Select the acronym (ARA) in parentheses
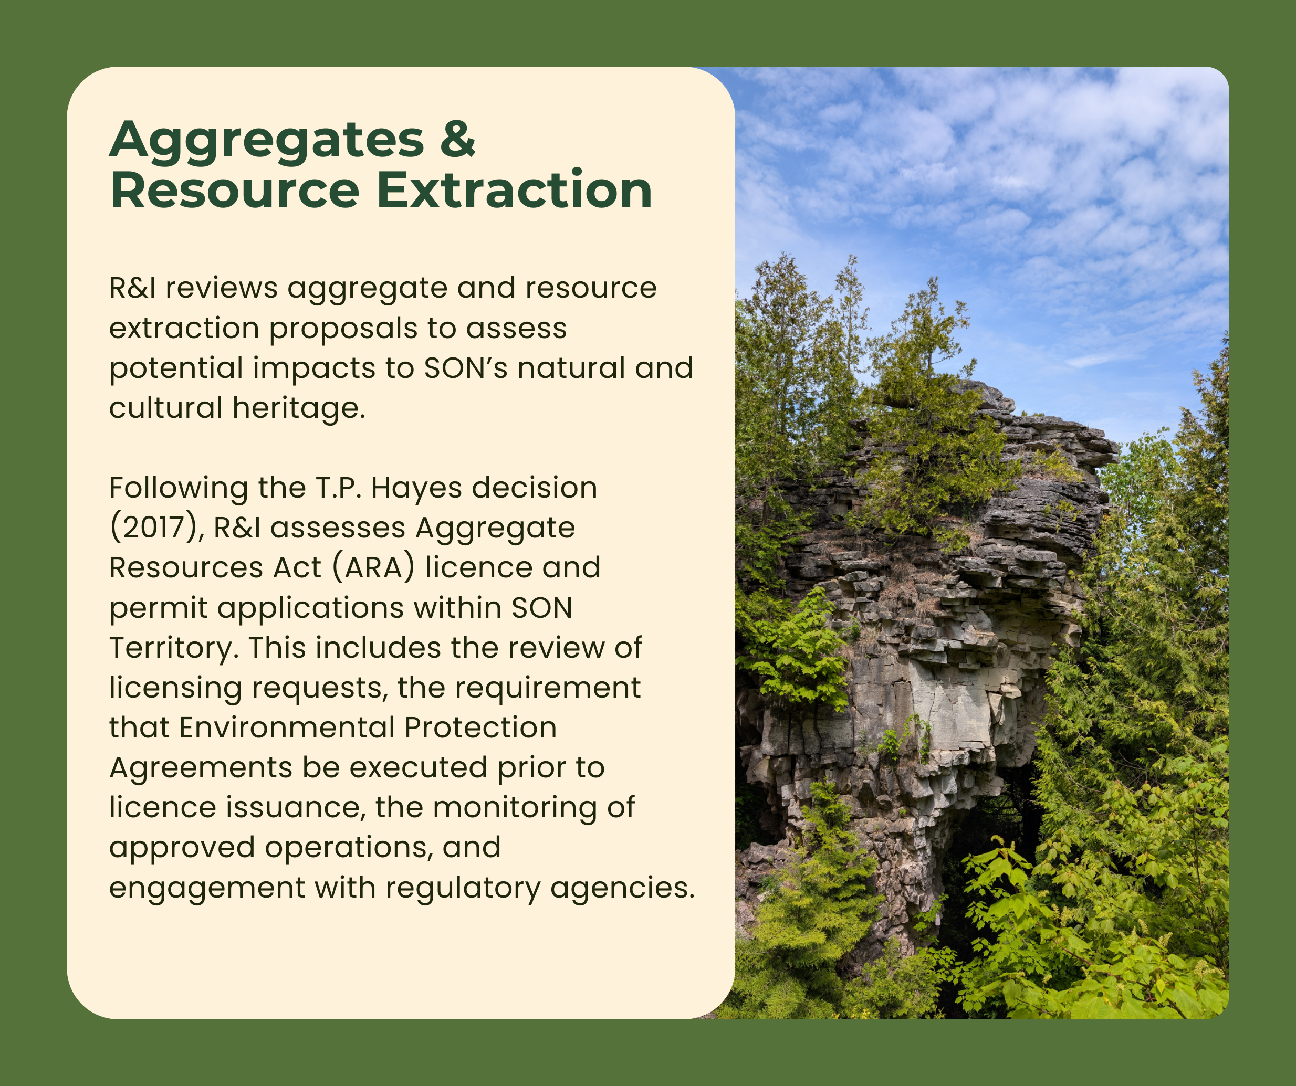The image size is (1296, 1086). (x=374, y=568)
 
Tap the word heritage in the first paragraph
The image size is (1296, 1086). (x=299, y=409)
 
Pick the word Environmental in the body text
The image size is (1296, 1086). (x=287, y=727)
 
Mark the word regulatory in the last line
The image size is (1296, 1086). (x=463, y=889)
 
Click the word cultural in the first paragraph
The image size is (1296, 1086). (x=166, y=408)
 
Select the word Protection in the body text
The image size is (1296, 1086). (x=481, y=727)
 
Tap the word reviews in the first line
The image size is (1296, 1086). (x=221, y=288)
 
